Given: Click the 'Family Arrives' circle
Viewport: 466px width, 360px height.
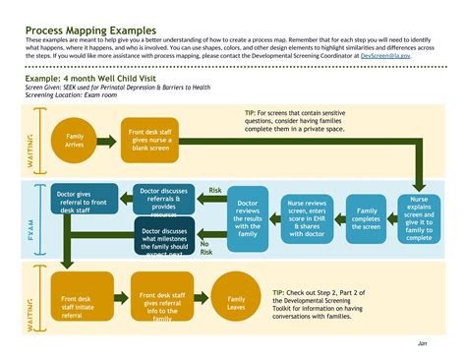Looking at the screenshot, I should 74,140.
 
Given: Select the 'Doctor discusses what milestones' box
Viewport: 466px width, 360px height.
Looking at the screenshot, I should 164,237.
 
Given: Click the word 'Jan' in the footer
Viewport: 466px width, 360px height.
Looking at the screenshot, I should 421,344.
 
